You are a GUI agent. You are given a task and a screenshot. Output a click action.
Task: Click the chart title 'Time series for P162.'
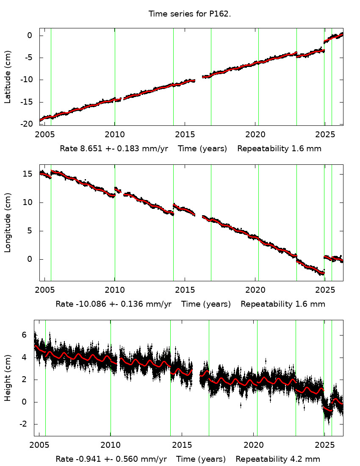[x=189, y=14]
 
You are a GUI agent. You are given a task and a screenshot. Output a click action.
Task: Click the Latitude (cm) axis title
[x=8, y=77]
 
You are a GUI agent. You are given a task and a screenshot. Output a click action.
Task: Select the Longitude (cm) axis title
[x=8, y=222]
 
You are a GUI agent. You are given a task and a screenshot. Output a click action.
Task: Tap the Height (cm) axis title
[x=8, y=377]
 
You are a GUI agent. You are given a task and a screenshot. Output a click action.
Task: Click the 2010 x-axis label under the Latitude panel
[x=114, y=134]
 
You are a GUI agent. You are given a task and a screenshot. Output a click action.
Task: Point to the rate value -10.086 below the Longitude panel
[x=89, y=304]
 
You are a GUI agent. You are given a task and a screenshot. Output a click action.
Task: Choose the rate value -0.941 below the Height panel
[x=87, y=459]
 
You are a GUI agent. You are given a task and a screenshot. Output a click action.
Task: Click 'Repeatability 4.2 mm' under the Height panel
[x=278, y=459]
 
